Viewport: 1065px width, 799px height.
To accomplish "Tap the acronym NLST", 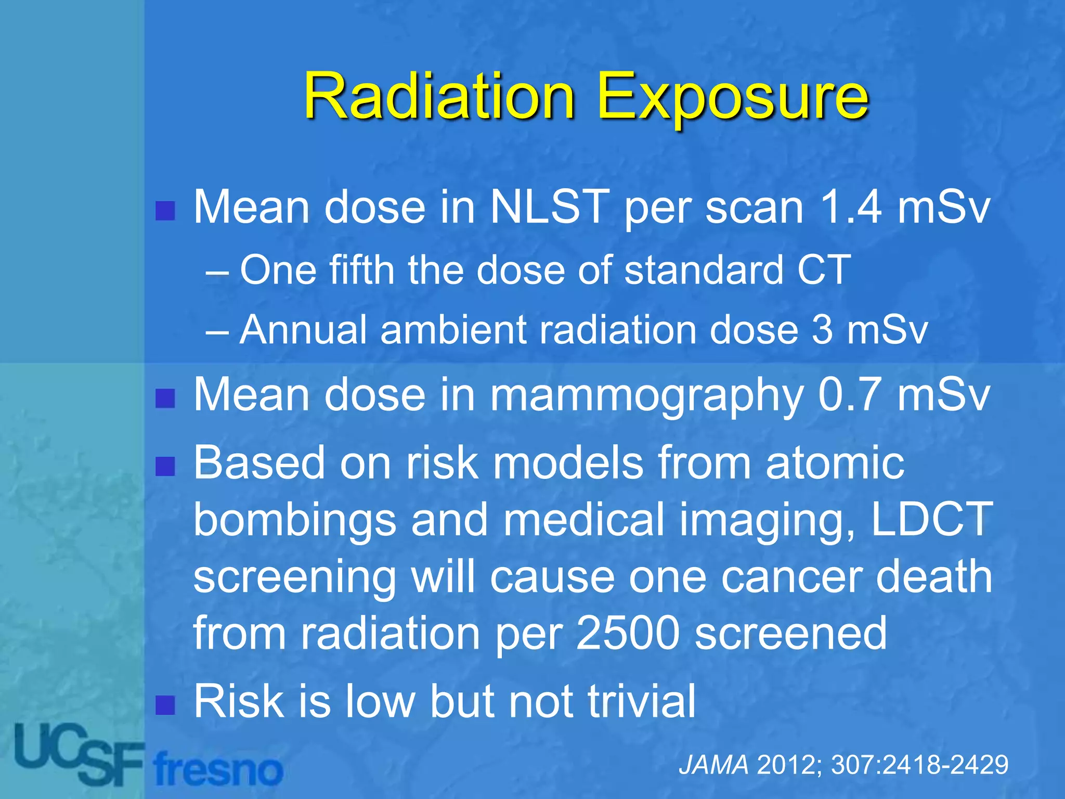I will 550,207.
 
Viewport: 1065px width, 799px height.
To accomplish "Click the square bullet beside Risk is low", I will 165,705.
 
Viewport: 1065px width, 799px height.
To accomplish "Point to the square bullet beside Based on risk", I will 165,466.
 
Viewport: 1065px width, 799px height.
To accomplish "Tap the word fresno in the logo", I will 218,770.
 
